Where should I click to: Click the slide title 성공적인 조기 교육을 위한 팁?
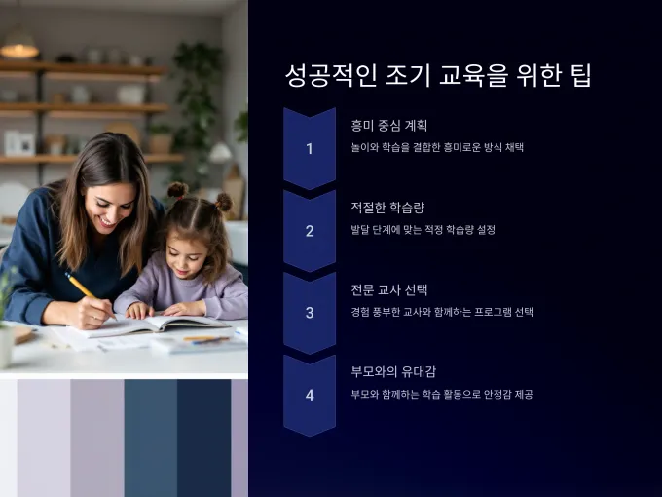(438, 76)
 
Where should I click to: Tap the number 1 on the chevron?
(310, 149)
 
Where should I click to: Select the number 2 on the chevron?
(310, 231)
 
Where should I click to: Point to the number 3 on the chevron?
(310, 313)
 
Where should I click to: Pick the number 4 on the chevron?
(310, 395)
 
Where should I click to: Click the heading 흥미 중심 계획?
(388, 125)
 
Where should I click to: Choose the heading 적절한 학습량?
(387, 207)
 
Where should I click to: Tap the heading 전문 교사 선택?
(388, 289)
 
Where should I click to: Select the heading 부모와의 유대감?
(393, 371)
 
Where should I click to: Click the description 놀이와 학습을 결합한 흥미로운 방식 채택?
(437, 147)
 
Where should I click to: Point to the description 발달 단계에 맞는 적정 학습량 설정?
(423, 229)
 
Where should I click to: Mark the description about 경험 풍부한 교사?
(442, 312)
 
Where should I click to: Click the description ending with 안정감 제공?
(442, 394)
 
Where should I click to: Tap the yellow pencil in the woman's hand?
(90, 295)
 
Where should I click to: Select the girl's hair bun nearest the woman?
(178, 190)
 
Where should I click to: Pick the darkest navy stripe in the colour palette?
(203, 438)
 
